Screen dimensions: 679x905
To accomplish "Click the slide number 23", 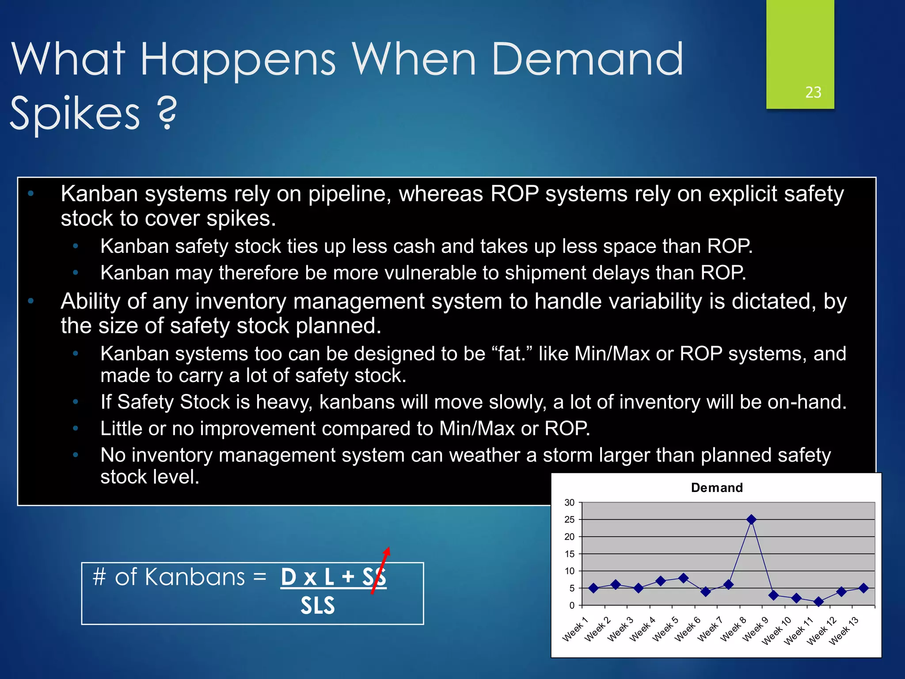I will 813,92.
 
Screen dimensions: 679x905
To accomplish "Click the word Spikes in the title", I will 75,114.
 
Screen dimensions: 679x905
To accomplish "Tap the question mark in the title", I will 167,114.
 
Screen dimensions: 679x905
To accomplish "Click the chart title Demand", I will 716,488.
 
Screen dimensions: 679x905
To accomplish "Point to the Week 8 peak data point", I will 751,519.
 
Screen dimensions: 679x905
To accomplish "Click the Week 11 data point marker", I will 819,602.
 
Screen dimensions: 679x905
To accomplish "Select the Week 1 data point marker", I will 593,588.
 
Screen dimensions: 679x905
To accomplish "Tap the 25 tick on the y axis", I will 570,519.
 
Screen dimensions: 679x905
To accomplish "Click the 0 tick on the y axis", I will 572,606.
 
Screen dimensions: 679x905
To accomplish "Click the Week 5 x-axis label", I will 665,629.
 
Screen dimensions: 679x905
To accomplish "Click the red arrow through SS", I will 380,570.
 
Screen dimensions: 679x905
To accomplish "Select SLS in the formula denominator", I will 318,606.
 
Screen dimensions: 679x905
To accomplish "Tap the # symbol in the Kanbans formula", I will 99,577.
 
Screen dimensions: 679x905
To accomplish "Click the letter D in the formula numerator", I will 289,577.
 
